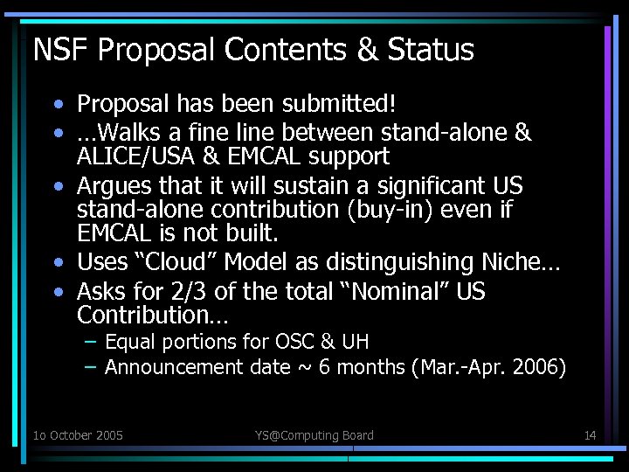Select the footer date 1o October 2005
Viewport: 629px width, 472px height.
point(78,435)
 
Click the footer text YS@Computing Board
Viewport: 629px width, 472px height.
point(314,435)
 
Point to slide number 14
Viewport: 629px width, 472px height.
point(590,435)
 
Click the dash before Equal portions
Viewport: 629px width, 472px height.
point(90,342)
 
